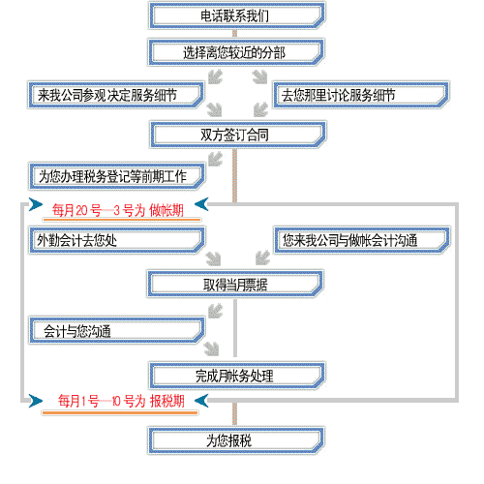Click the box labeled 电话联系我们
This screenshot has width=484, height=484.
click(236, 15)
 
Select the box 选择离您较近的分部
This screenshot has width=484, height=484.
click(236, 52)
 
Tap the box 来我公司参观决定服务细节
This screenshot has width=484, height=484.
click(116, 95)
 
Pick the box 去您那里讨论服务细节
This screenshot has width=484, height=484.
click(361, 95)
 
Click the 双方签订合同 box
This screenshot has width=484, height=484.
click(238, 135)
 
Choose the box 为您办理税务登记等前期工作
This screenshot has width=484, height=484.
click(117, 176)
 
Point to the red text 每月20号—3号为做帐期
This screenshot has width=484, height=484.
click(118, 210)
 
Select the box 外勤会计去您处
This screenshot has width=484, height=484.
click(117, 240)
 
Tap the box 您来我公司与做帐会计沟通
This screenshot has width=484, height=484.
click(362, 240)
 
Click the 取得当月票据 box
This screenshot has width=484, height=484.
click(235, 285)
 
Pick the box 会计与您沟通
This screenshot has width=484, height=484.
click(117, 331)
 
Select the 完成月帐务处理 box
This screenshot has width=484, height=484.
click(237, 376)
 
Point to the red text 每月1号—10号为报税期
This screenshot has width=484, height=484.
click(121, 401)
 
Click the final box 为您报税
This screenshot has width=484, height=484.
click(236, 440)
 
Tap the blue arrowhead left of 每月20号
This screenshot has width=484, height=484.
click(36, 204)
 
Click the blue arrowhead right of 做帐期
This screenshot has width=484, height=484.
click(201, 204)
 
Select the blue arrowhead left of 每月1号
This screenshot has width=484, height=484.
click(36, 401)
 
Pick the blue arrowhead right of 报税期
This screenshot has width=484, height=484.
click(201, 401)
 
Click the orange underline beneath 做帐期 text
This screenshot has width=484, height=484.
click(122, 220)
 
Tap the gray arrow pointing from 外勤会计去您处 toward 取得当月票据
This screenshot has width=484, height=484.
click(214, 258)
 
